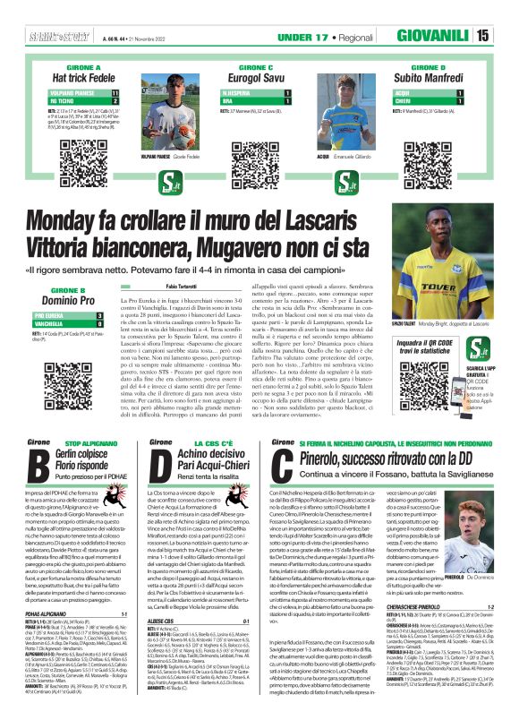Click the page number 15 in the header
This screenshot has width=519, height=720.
[506, 35]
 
